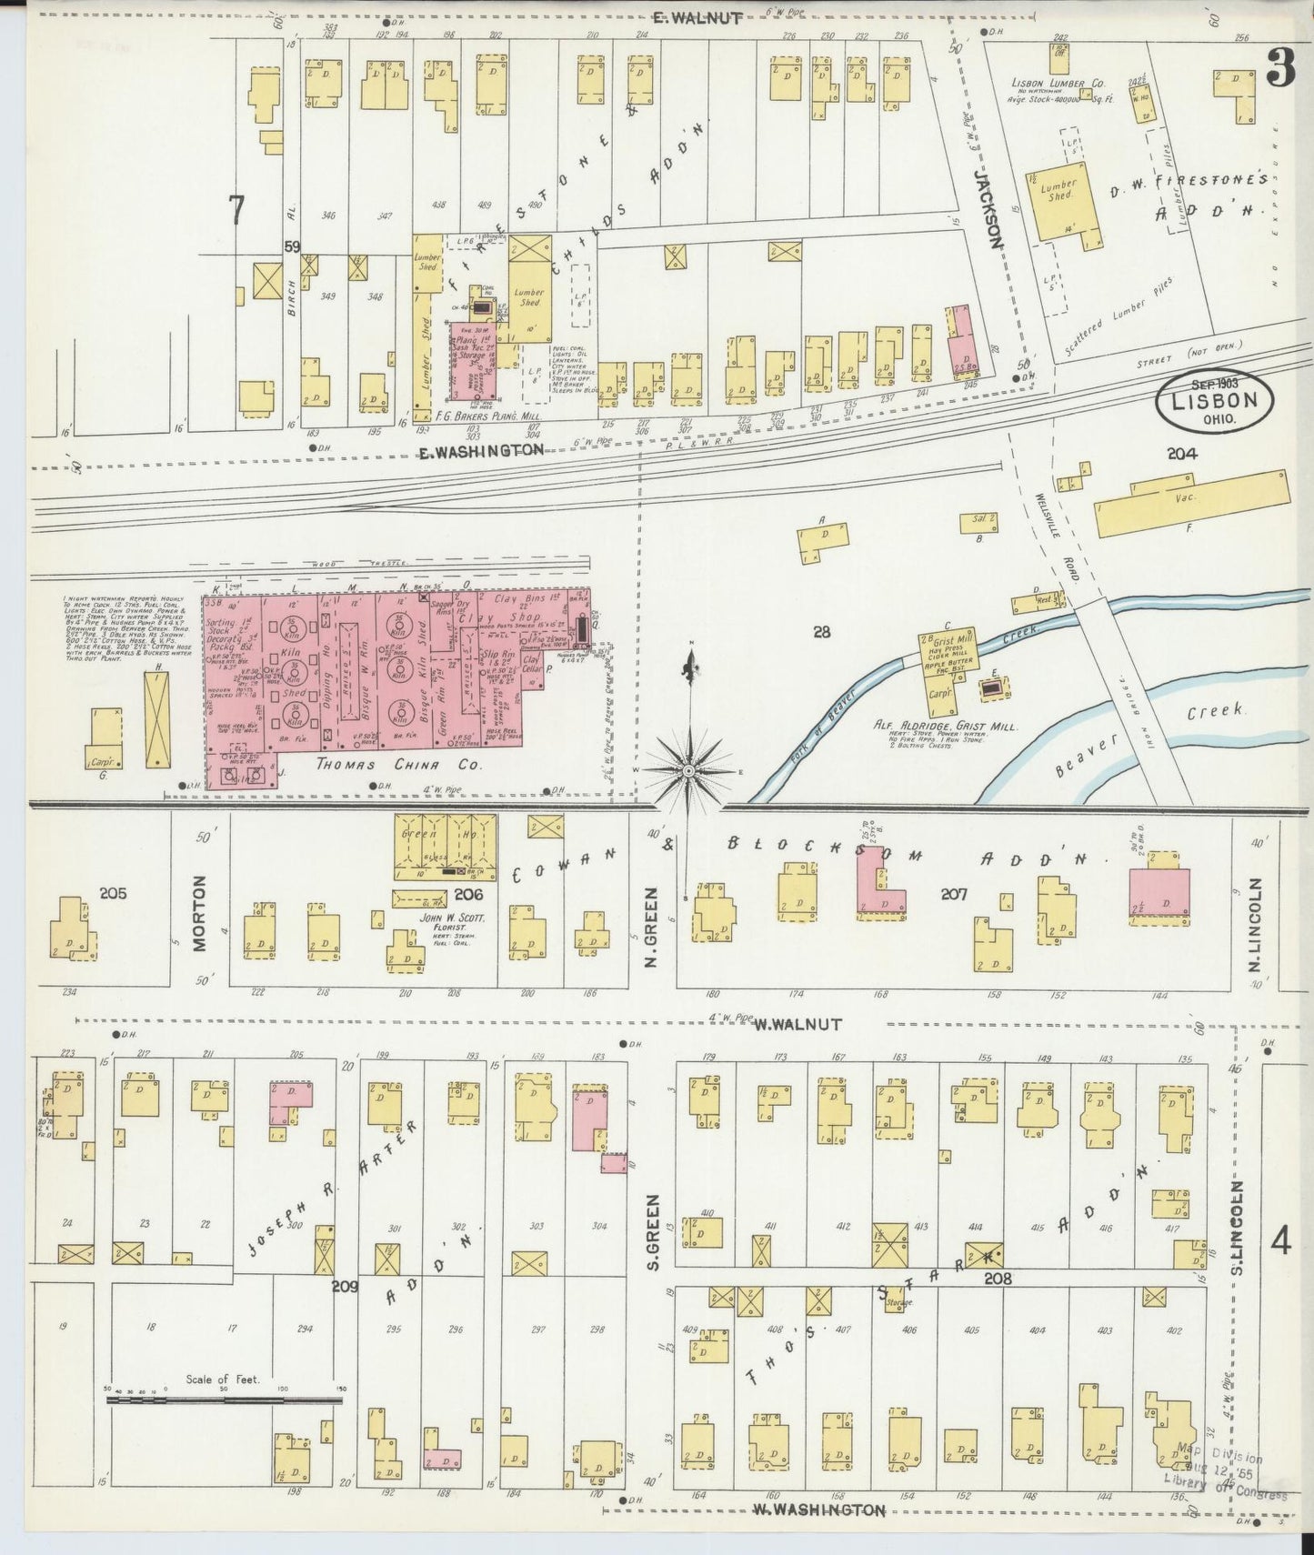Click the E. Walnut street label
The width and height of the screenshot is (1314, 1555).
click(698, 17)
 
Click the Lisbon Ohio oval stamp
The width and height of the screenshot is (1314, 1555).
click(1215, 401)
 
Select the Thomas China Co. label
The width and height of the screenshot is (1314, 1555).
click(399, 766)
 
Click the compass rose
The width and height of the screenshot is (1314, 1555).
click(689, 769)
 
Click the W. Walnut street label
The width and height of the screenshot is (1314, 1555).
click(797, 1024)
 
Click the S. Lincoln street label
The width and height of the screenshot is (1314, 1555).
click(1238, 1228)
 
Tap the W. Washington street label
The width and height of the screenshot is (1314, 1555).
click(818, 1510)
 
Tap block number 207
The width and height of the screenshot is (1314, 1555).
click(953, 895)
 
